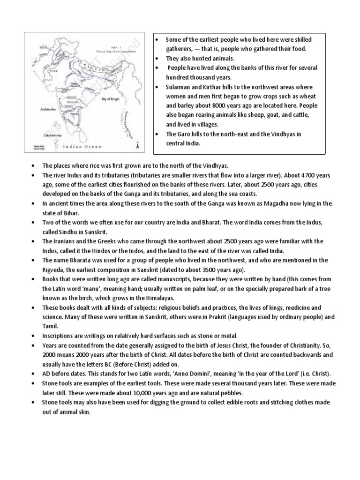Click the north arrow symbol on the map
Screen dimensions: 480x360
pyautogui.click(x=136, y=147)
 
